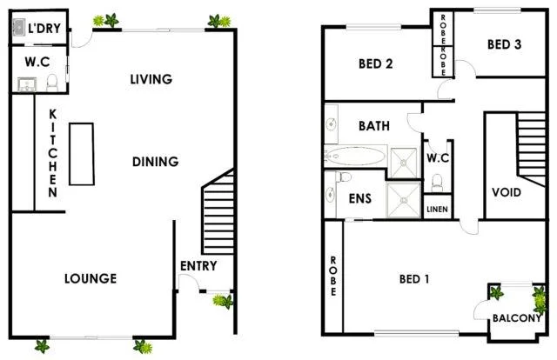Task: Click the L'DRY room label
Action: (x=43, y=29)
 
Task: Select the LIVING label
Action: (x=151, y=79)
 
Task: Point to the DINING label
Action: (x=156, y=161)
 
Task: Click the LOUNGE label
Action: (x=91, y=278)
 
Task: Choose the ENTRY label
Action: (x=198, y=266)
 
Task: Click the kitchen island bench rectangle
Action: (x=81, y=154)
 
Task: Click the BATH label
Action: (x=374, y=127)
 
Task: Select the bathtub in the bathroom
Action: (x=357, y=157)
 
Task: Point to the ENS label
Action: (x=360, y=198)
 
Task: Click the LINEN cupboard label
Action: (x=436, y=210)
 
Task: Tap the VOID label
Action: (x=507, y=192)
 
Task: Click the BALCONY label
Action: (x=517, y=318)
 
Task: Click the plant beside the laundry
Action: (x=111, y=19)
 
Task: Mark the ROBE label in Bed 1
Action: (x=332, y=277)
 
